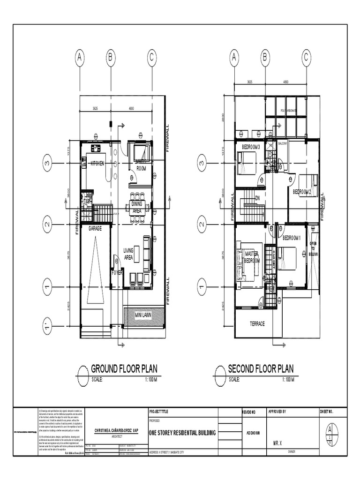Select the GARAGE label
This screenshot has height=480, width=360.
coord(95,228)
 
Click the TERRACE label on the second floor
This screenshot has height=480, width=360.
coord(257,324)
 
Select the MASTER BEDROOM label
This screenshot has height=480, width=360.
coord(252,257)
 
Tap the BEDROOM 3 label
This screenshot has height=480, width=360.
coord(251,147)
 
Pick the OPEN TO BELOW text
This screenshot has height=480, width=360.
coord(313,249)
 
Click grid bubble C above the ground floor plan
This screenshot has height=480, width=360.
coord(151,58)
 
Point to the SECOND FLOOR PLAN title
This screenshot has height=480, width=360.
coord(261,369)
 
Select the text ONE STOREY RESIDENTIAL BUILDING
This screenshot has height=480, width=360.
coord(182,433)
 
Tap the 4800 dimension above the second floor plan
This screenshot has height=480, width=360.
coord(285,82)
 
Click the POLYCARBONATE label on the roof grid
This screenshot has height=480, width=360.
coord(290,111)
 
